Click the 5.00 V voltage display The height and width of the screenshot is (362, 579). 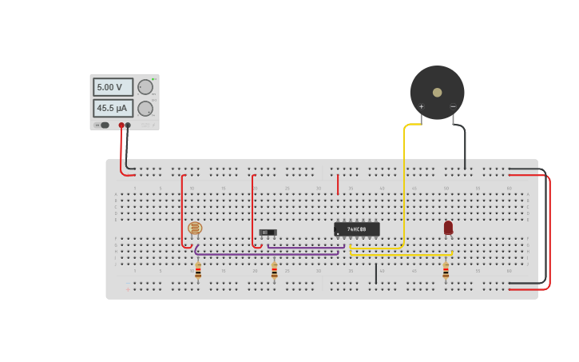[113, 87]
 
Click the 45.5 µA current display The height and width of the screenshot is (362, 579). [113, 108]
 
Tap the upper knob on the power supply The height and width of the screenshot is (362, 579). [145, 87]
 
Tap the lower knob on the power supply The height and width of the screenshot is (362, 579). [145, 109]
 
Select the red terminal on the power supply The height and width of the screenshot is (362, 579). [121, 125]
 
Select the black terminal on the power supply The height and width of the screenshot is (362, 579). [128, 125]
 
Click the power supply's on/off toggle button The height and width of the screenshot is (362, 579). [103, 125]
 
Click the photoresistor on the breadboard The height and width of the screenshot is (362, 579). [195, 229]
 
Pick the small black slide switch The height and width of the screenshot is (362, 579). [268, 233]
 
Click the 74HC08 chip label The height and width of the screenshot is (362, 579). [357, 229]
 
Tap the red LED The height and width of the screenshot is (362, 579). [448, 228]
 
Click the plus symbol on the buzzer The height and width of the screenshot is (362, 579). [422, 106]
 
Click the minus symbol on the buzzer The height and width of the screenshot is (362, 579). [453, 106]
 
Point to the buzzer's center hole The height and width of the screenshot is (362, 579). [437, 92]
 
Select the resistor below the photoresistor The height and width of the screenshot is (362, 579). [198, 272]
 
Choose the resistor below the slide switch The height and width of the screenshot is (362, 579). [274, 272]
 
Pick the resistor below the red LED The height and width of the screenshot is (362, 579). [446, 272]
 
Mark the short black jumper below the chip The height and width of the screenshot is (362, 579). [376, 273]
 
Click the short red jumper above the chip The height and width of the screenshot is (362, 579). [338, 185]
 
